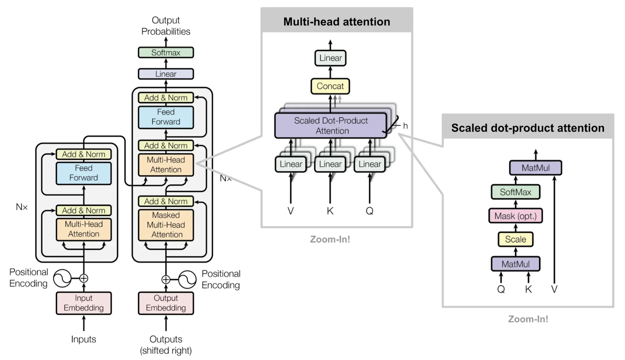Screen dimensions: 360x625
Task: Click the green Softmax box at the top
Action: click(x=166, y=53)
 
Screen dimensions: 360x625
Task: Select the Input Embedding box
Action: click(x=83, y=303)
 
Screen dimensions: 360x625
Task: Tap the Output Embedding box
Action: click(x=166, y=303)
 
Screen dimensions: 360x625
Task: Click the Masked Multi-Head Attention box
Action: click(x=166, y=225)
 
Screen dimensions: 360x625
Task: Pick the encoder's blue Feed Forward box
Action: click(x=83, y=173)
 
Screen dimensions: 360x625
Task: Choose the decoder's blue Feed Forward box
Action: click(x=166, y=117)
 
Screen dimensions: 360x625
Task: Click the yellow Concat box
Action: click(x=330, y=86)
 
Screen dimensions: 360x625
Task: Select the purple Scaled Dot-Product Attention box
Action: click(x=330, y=125)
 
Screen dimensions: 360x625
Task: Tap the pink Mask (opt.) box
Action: click(x=515, y=216)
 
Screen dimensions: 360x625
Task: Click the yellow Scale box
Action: click(x=515, y=239)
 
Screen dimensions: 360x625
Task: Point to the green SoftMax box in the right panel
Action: click(x=515, y=192)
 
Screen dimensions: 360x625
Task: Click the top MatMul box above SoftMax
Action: click(x=535, y=168)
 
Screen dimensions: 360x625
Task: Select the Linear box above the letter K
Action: click(x=330, y=164)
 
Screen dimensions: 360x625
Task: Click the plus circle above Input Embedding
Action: click(x=83, y=278)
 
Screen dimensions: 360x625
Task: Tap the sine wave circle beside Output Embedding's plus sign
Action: click(x=187, y=279)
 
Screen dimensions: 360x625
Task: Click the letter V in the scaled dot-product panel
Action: click(x=554, y=289)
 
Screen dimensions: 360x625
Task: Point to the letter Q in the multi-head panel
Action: click(x=370, y=211)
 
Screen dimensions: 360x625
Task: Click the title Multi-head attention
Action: click(x=336, y=22)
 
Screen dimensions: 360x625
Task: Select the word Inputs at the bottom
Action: click(x=83, y=339)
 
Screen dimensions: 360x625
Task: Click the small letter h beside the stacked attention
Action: click(x=405, y=126)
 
